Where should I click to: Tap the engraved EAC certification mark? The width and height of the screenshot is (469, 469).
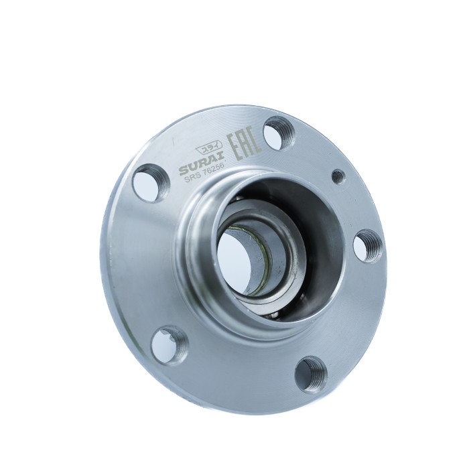pyautogui.click(x=245, y=147)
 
